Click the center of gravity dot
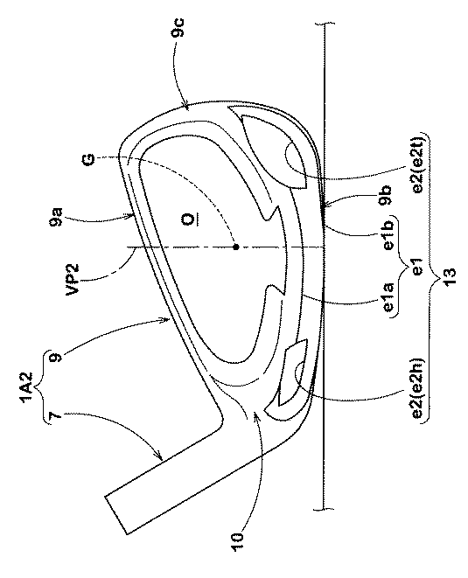point(235,247)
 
